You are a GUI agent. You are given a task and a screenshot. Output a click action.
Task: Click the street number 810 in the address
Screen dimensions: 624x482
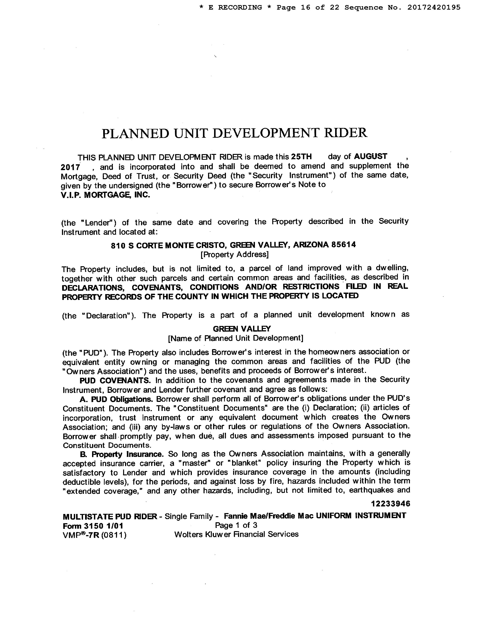coord(118,246)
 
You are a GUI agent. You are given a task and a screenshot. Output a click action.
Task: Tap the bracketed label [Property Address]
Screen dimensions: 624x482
coord(234,255)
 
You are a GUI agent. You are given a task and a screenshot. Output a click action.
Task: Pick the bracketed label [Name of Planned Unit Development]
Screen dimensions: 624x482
coord(236,338)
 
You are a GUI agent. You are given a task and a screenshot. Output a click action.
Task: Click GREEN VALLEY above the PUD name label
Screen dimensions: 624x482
coord(242,329)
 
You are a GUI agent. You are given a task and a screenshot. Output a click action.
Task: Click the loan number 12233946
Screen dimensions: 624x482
coord(390,504)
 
